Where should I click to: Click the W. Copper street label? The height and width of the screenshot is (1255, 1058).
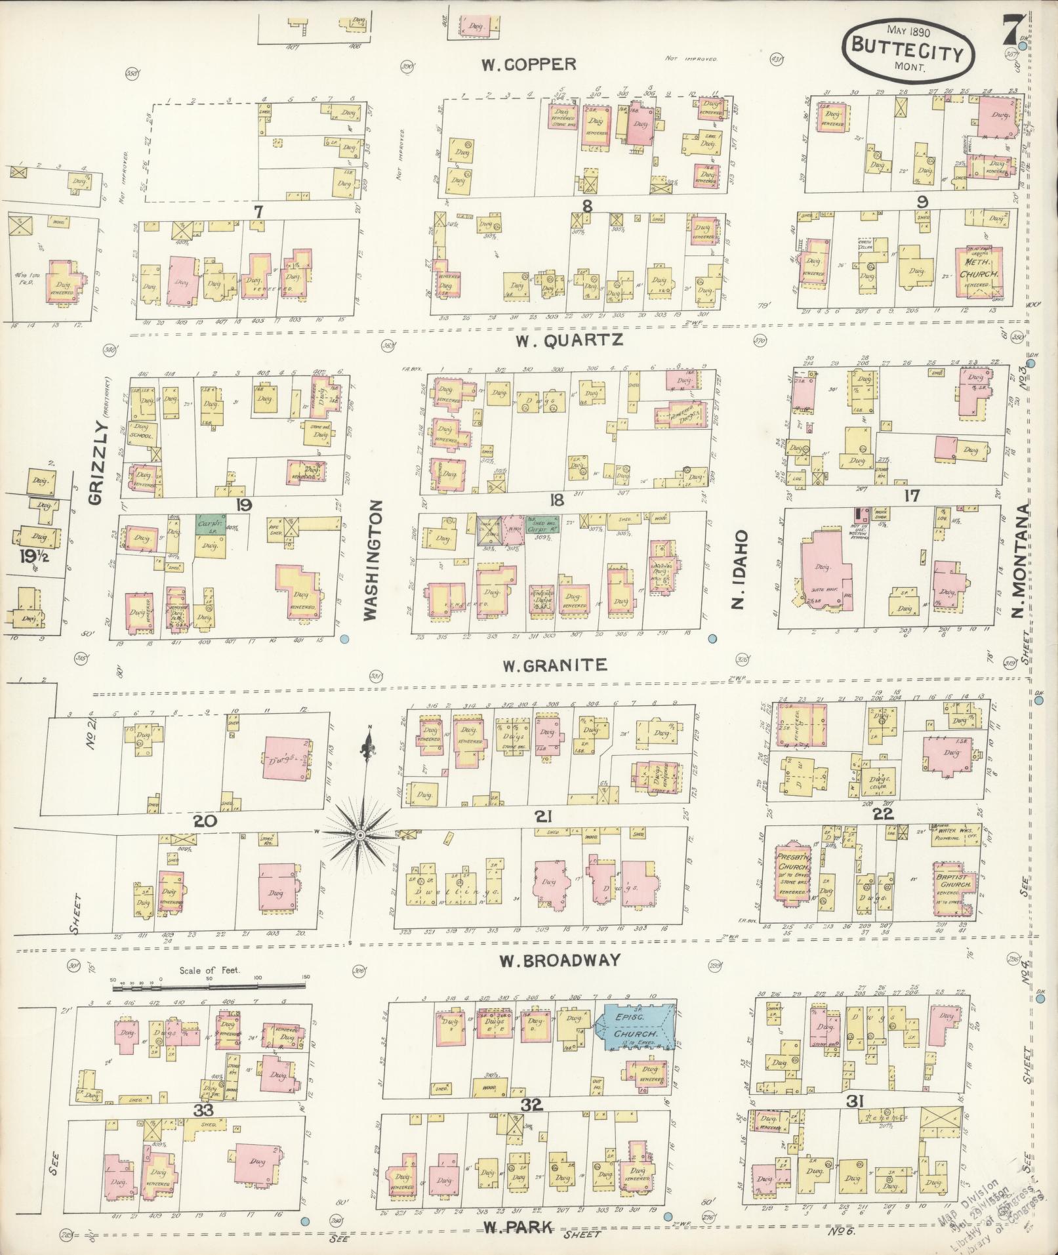[529, 64]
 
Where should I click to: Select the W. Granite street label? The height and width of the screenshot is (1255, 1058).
[555, 665]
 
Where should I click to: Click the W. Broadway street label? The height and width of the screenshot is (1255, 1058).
[560, 960]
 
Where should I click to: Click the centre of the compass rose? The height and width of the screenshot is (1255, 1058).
[359, 834]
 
